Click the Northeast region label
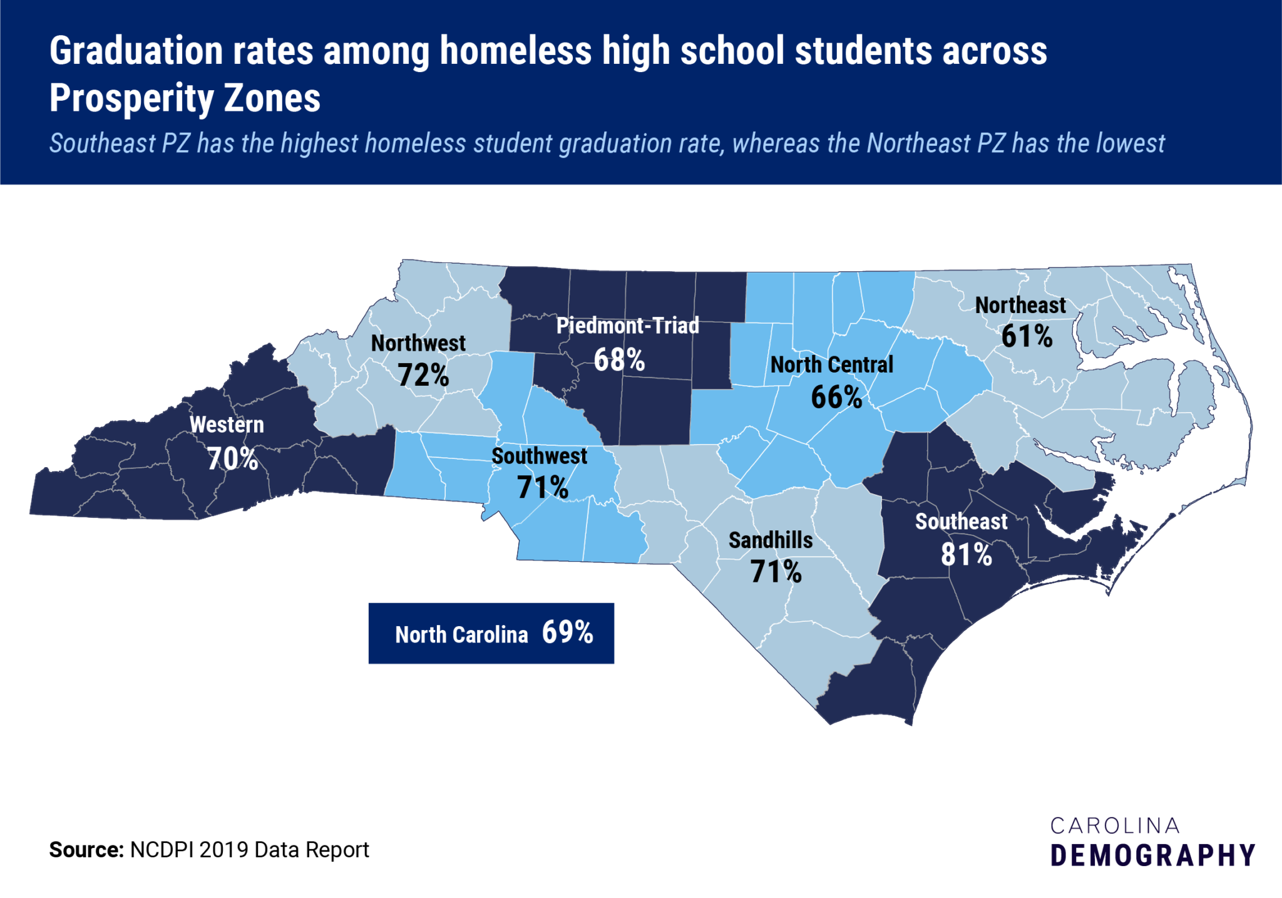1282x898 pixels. tap(1020, 305)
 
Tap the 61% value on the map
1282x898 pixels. tap(1027, 336)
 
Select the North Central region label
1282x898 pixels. tap(831, 364)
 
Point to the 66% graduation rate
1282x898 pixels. tap(836, 397)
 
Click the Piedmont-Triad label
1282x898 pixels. tap(627, 326)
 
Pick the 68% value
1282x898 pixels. tap(619, 359)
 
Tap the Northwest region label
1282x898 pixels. tap(418, 343)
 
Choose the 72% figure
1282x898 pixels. tap(423, 375)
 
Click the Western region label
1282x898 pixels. tap(227, 425)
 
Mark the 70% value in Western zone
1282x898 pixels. tap(232, 459)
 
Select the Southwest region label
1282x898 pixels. tap(539, 456)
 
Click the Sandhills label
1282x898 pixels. tap(771, 540)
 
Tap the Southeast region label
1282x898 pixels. tap(961, 521)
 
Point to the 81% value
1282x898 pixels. tap(967, 555)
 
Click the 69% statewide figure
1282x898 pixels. tap(567, 632)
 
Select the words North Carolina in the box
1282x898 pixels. tap(461, 635)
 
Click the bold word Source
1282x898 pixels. tap(86, 850)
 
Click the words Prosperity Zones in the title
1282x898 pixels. tap(185, 98)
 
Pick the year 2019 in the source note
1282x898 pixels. tap(224, 850)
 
